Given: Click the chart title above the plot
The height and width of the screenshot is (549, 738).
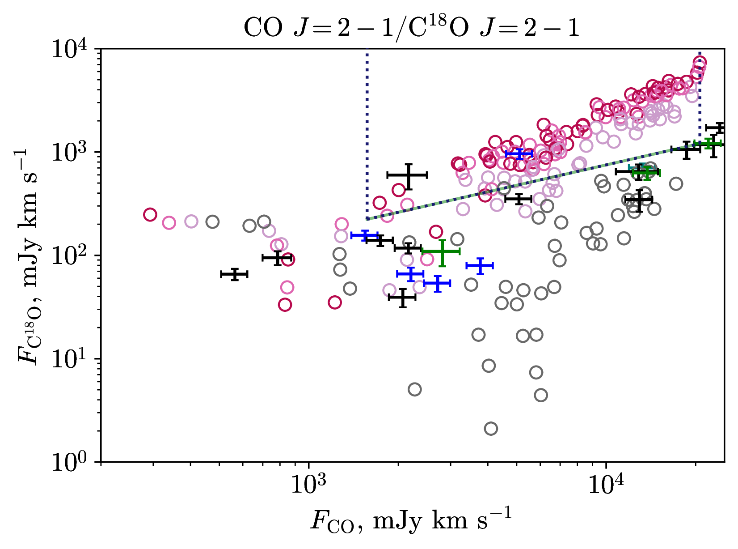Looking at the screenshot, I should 411,28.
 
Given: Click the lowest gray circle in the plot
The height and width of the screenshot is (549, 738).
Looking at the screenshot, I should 491,429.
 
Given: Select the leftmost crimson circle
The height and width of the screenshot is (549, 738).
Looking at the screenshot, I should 150,214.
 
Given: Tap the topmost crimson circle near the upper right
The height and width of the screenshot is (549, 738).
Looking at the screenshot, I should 700,63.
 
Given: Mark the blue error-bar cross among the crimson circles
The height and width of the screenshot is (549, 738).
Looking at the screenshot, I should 519,154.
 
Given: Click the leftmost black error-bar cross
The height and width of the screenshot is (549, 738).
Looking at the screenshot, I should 234,274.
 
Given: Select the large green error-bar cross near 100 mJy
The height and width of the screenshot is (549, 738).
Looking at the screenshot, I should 441,252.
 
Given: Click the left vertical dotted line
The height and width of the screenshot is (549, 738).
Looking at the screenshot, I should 367,134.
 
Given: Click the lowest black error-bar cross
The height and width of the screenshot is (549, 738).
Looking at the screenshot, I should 402,298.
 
